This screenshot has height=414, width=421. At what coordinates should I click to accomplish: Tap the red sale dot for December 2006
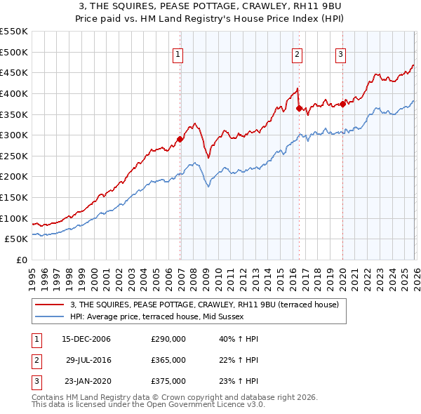[180, 139]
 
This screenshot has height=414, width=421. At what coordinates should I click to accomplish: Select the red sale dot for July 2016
[300, 108]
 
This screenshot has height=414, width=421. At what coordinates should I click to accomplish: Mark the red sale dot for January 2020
[343, 104]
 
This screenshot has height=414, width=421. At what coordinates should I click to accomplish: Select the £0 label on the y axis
[21, 260]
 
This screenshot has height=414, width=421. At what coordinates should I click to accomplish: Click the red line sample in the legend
[51, 305]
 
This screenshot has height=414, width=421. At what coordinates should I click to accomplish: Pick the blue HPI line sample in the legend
[51, 317]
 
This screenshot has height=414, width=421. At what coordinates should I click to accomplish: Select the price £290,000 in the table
[168, 339]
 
